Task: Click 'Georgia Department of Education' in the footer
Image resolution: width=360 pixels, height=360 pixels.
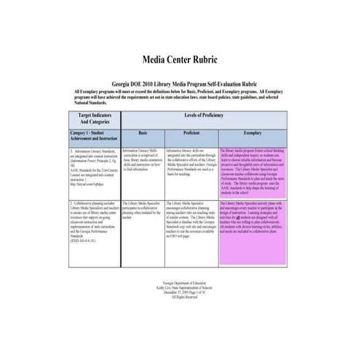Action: coord(180,280)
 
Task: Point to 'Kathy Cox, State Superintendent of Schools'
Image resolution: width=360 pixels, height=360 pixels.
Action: coord(180,285)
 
